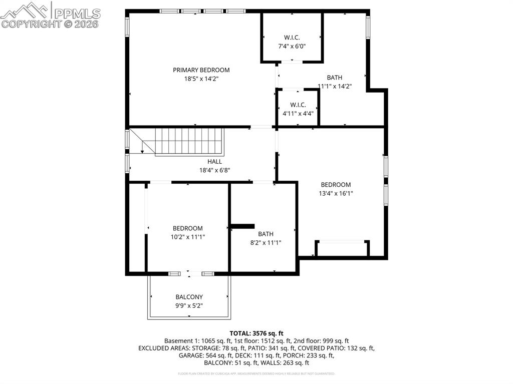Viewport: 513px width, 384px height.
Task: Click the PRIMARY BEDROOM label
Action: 201,70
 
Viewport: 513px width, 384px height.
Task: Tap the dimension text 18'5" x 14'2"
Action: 201,79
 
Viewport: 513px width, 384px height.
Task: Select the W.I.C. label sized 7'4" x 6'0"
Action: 292,38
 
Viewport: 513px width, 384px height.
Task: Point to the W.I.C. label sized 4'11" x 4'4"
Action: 298,105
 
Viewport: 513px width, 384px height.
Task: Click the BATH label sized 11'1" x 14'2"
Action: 335,78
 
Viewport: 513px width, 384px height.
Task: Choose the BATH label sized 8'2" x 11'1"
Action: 266,234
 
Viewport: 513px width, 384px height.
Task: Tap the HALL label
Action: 214,162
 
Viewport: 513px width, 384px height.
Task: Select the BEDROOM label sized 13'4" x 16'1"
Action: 336,185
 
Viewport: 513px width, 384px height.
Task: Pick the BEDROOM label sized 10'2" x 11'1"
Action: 188,228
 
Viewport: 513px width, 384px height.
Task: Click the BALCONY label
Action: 189,297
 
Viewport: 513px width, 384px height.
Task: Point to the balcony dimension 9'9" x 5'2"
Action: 189,305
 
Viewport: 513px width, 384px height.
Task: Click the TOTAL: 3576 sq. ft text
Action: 256,333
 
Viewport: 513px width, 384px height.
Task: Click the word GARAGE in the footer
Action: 190,355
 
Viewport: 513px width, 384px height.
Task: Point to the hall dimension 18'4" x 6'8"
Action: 214,170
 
